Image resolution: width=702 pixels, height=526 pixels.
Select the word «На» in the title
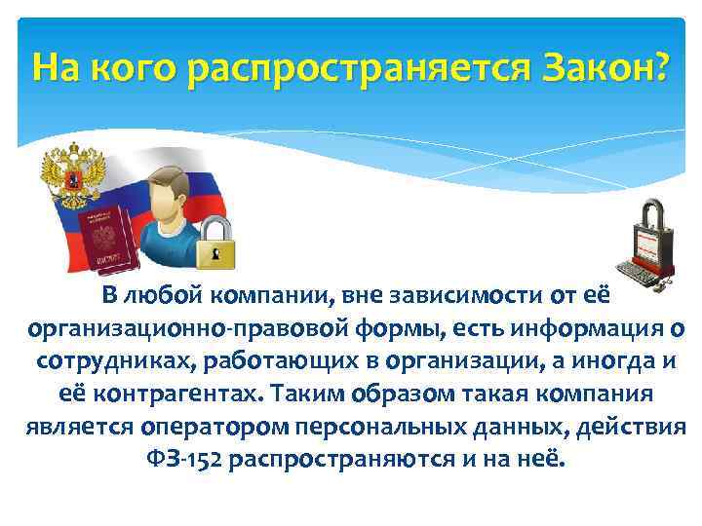tap(55, 68)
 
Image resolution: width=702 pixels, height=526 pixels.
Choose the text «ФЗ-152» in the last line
tap(180, 458)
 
